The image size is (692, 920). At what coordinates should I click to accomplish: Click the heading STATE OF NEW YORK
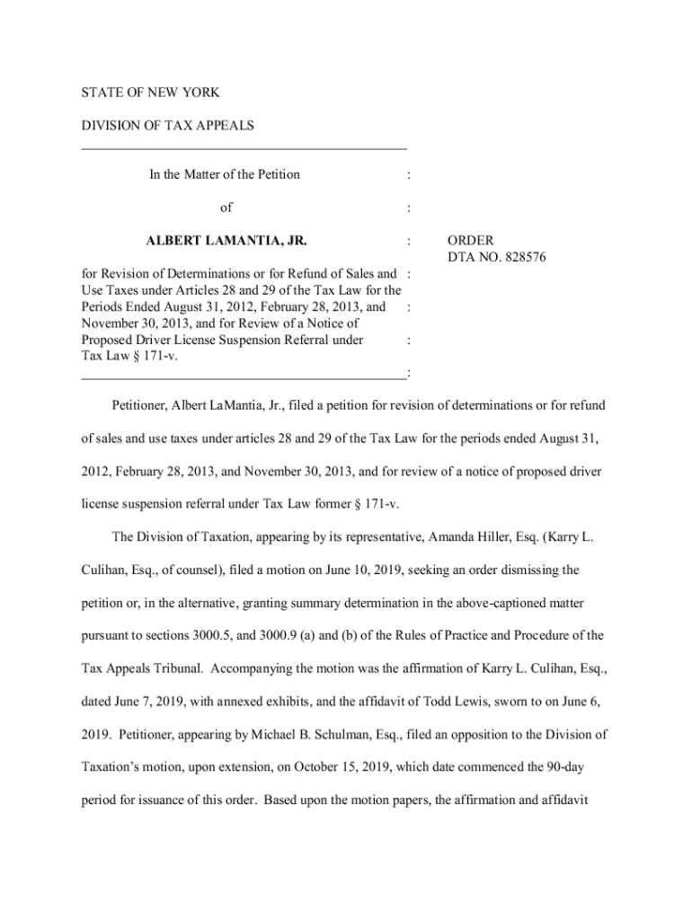coord(150,93)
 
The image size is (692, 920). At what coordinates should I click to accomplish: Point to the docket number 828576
coord(520,258)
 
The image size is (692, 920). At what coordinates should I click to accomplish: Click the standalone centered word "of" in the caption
coord(226,208)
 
